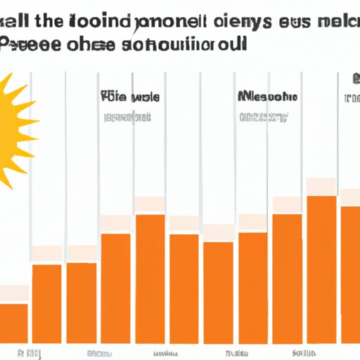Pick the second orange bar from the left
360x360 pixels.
tap(47, 302)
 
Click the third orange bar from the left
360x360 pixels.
tap(82, 302)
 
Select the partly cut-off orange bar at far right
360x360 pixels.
tap(350, 274)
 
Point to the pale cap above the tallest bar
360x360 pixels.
tap(321, 186)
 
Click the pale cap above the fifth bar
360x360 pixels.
tap(150, 205)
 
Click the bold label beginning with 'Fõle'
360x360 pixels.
tap(129, 96)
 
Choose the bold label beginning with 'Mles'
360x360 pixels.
tap(267, 96)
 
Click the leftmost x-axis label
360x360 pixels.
tap(30, 352)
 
